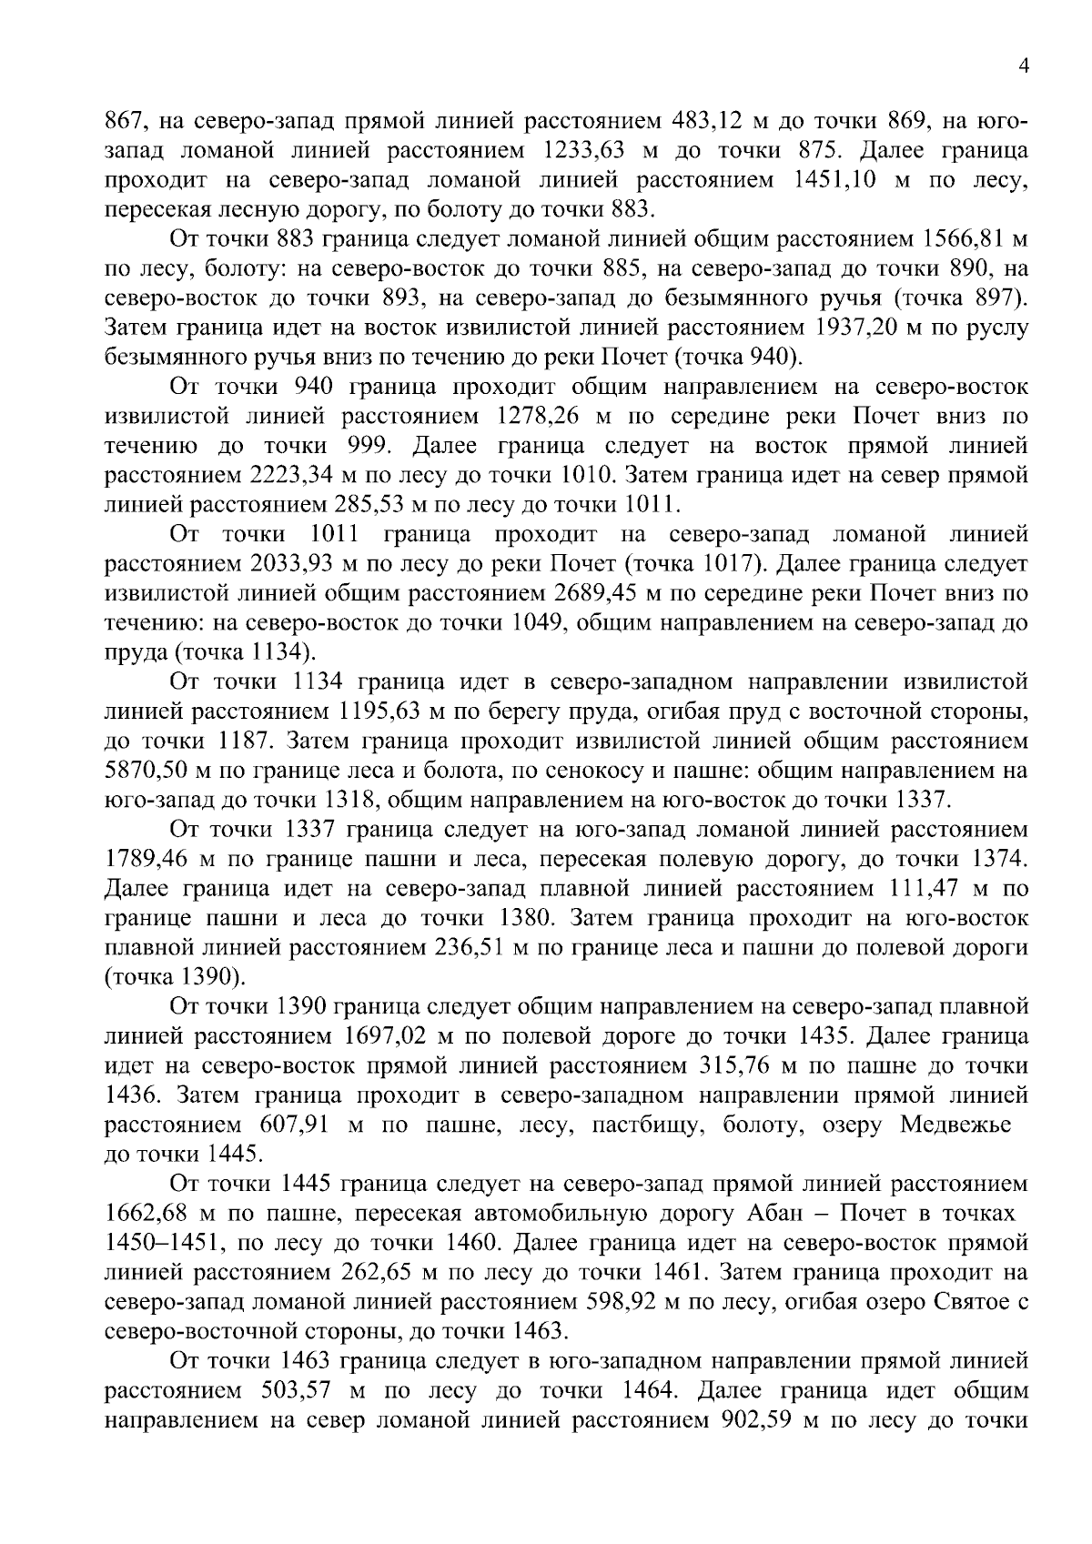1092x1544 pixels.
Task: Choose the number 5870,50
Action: [152, 771]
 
